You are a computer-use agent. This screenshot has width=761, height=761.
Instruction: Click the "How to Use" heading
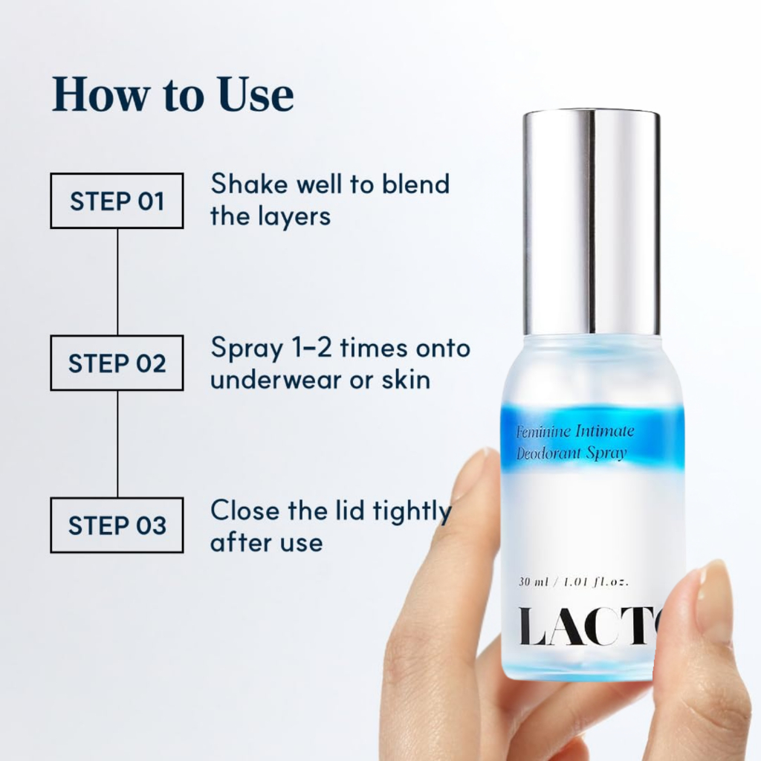coord(172,94)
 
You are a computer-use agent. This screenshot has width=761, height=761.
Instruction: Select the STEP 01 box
coord(117,201)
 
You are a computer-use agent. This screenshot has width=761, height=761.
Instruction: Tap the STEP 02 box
coord(117,363)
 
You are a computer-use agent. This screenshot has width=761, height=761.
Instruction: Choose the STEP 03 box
coord(117,525)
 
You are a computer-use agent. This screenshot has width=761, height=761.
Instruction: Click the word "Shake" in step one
coord(250,184)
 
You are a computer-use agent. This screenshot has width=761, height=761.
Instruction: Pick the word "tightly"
coord(412,512)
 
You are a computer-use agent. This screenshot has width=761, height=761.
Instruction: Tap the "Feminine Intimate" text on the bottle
coord(575,431)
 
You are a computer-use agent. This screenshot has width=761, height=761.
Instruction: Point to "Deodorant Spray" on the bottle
coord(571,453)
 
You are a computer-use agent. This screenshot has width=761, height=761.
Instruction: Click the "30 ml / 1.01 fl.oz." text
coord(574,581)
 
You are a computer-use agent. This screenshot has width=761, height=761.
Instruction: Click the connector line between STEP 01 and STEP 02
coord(117,282)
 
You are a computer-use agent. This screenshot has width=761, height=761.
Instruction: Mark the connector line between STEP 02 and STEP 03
coord(117,444)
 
